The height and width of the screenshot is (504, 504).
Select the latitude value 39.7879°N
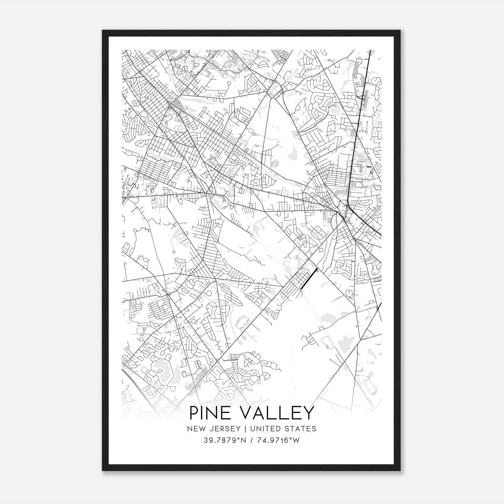pos(225,440)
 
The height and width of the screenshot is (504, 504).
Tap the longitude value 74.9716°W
pos(277,440)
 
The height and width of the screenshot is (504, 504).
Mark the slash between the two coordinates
pos(251,440)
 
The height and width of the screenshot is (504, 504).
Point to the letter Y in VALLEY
pos(308,413)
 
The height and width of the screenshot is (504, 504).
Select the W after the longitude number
pos(296,440)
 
